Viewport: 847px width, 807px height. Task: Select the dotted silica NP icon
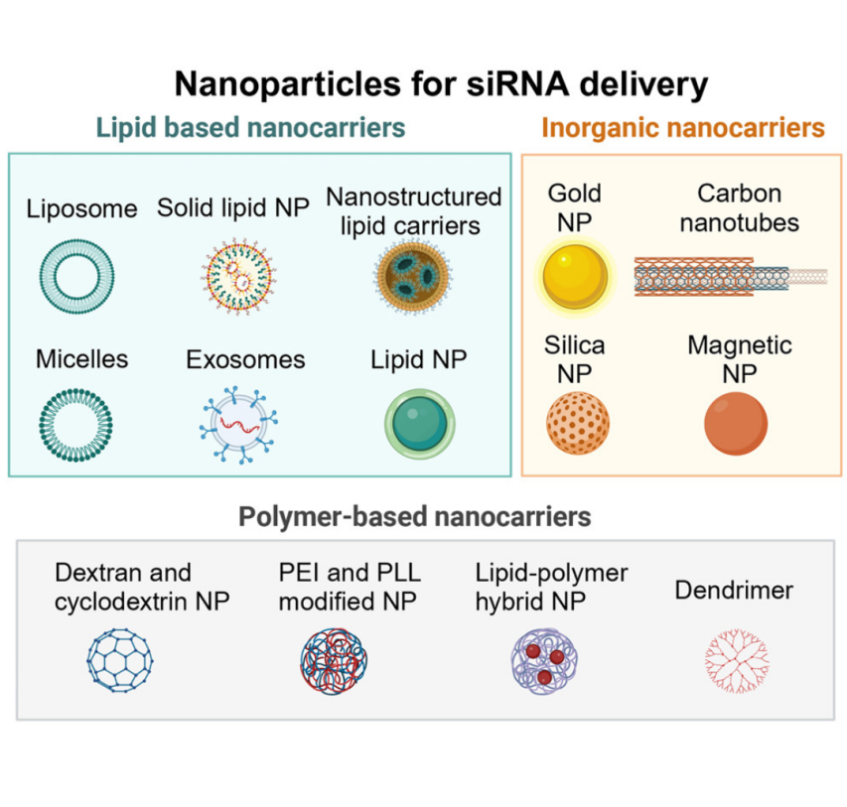point(577,424)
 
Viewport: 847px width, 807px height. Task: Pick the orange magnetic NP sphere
point(736,424)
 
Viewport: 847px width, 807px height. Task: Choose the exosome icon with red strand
point(234,426)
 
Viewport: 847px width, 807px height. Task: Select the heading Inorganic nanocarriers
point(682,128)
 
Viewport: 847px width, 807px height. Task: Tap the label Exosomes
point(245,358)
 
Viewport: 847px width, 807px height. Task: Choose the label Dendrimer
point(734,591)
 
